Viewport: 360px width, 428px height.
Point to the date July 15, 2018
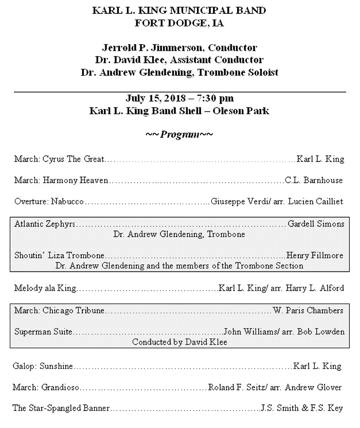coord(155,98)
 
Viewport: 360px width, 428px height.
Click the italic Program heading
coord(179,135)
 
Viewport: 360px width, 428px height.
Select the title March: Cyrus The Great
coord(59,159)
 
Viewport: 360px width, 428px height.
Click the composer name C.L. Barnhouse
coord(314,180)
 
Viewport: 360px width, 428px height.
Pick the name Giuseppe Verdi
coord(240,201)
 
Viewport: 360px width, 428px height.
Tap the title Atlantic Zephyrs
coord(45,224)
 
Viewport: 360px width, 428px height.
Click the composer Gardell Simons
coord(316,224)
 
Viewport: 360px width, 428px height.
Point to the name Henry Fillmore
coord(315,255)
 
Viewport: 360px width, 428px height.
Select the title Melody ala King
coord(45,288)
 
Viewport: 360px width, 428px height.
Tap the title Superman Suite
coord(43,332)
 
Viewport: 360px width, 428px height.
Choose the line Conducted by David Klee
coord(179,342)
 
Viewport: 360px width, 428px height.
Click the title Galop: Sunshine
coord(43,366)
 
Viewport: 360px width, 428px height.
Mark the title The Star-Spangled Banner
coord(61,408)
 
